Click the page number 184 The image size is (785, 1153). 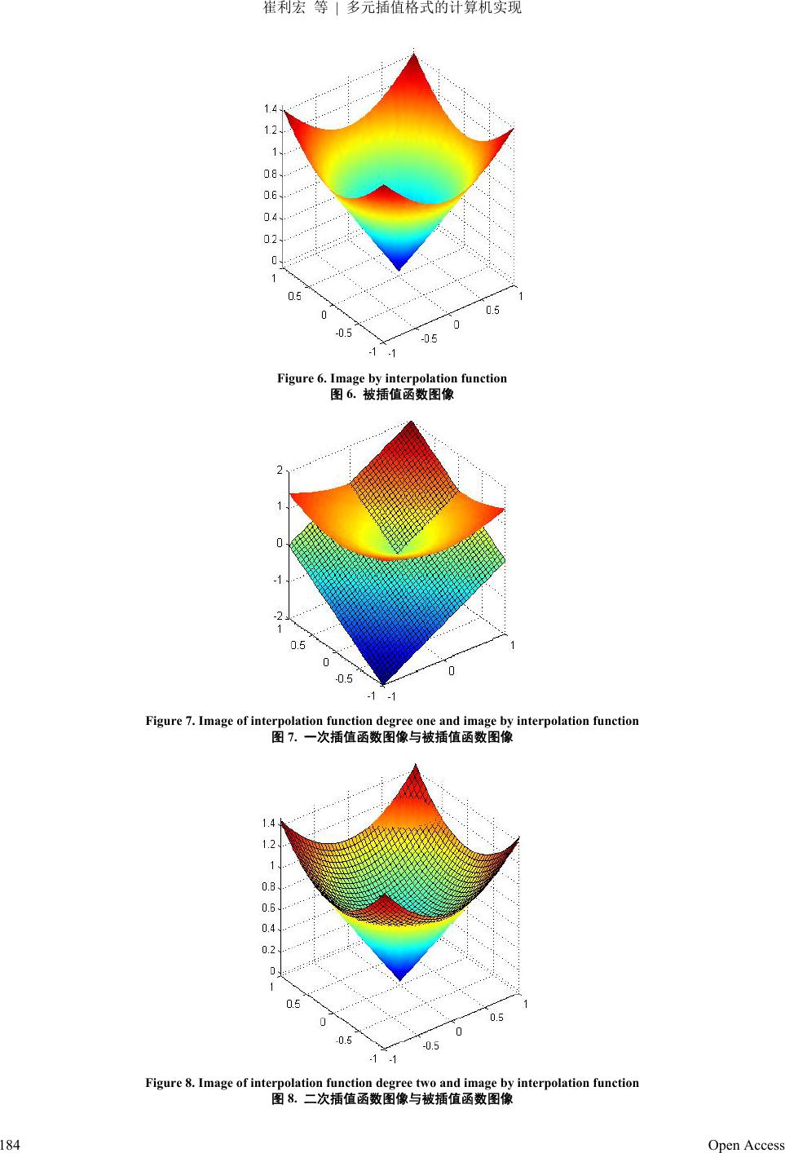click(10, 1145)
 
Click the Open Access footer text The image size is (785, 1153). click(745, 1145)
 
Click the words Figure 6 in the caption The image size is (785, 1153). click(301, 378)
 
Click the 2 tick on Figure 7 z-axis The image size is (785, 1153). click(280, 470)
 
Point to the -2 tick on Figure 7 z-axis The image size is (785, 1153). click(278, 616)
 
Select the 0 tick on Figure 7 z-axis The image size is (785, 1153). click(280, 543)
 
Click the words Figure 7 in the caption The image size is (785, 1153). click(170, 721)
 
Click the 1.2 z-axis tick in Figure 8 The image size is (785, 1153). click(268, 845)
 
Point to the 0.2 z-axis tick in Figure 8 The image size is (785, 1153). click(268, 950)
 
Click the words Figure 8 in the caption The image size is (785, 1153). click(170, 1083)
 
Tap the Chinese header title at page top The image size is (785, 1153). click(392, 8)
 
